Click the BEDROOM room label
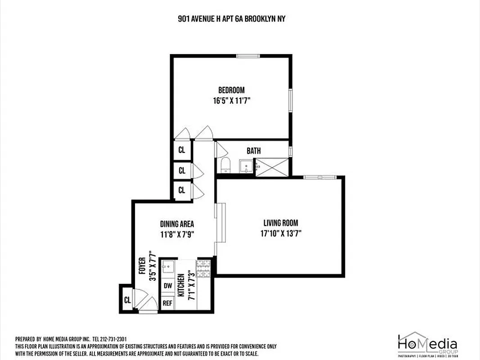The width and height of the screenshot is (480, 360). [x=231, y=90]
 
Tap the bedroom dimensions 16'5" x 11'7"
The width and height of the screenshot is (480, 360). [x=231, y=101]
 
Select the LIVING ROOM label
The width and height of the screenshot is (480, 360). [x=281, y=223]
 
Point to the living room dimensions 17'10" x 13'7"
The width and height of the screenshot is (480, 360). [x=281, y=234]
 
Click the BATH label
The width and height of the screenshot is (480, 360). [x=253, y=151]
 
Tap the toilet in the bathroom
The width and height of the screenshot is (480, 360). [x=225, y=166]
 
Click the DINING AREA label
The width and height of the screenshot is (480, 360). [x=177, y=224]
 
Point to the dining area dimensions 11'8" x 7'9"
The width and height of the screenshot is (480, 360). [x=177, y=234]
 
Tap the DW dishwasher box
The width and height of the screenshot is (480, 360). [x=167, y=285]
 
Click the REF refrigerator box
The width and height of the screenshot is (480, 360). [x=167, y=303]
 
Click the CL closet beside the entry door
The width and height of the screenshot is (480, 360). [x=127, y=299]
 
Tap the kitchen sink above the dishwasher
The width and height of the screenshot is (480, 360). [x=167, y=267]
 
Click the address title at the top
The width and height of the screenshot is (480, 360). [x=231, y=19]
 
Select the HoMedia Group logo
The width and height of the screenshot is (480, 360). [x=427, y=346]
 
